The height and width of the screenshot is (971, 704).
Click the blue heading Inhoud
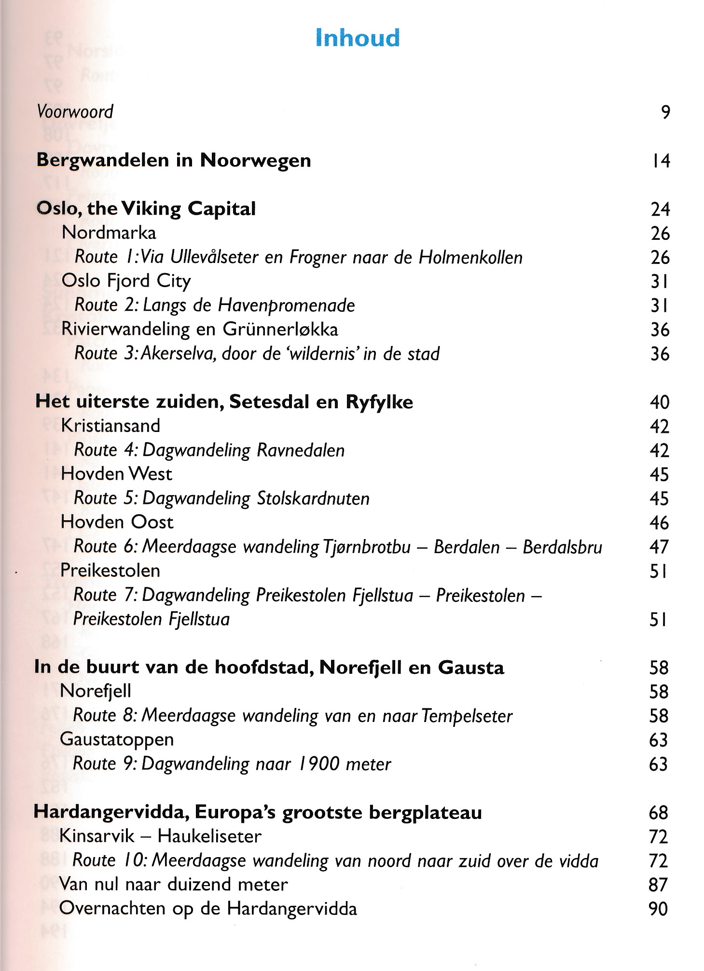(x=358, y=38)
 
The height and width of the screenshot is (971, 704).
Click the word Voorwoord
(x=75, y=112)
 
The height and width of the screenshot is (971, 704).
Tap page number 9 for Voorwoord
(x=665, y=112)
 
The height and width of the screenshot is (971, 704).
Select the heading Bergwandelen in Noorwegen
(x=174, y=160)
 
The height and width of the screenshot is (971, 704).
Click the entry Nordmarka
(x=109, y=233)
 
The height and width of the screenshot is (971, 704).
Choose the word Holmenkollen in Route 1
(x=470, y=257)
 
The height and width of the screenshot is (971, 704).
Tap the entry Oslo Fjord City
(x=126, y=281)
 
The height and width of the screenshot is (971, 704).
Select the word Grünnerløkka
(x=280, y=330)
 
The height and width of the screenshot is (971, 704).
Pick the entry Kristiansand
(x=110, y=426)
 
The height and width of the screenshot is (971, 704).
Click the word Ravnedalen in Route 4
(x=301, y=450)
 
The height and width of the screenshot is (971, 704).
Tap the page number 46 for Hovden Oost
(x=659, y=523)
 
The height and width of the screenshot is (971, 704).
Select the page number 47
(x=659, y=547)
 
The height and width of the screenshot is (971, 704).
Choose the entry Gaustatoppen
(x=117, y=739)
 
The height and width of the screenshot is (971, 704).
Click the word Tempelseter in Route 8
(x=467, y=716)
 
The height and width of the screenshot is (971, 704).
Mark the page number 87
(x=658, y=885)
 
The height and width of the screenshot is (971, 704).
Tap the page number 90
(x=658, y=909)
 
